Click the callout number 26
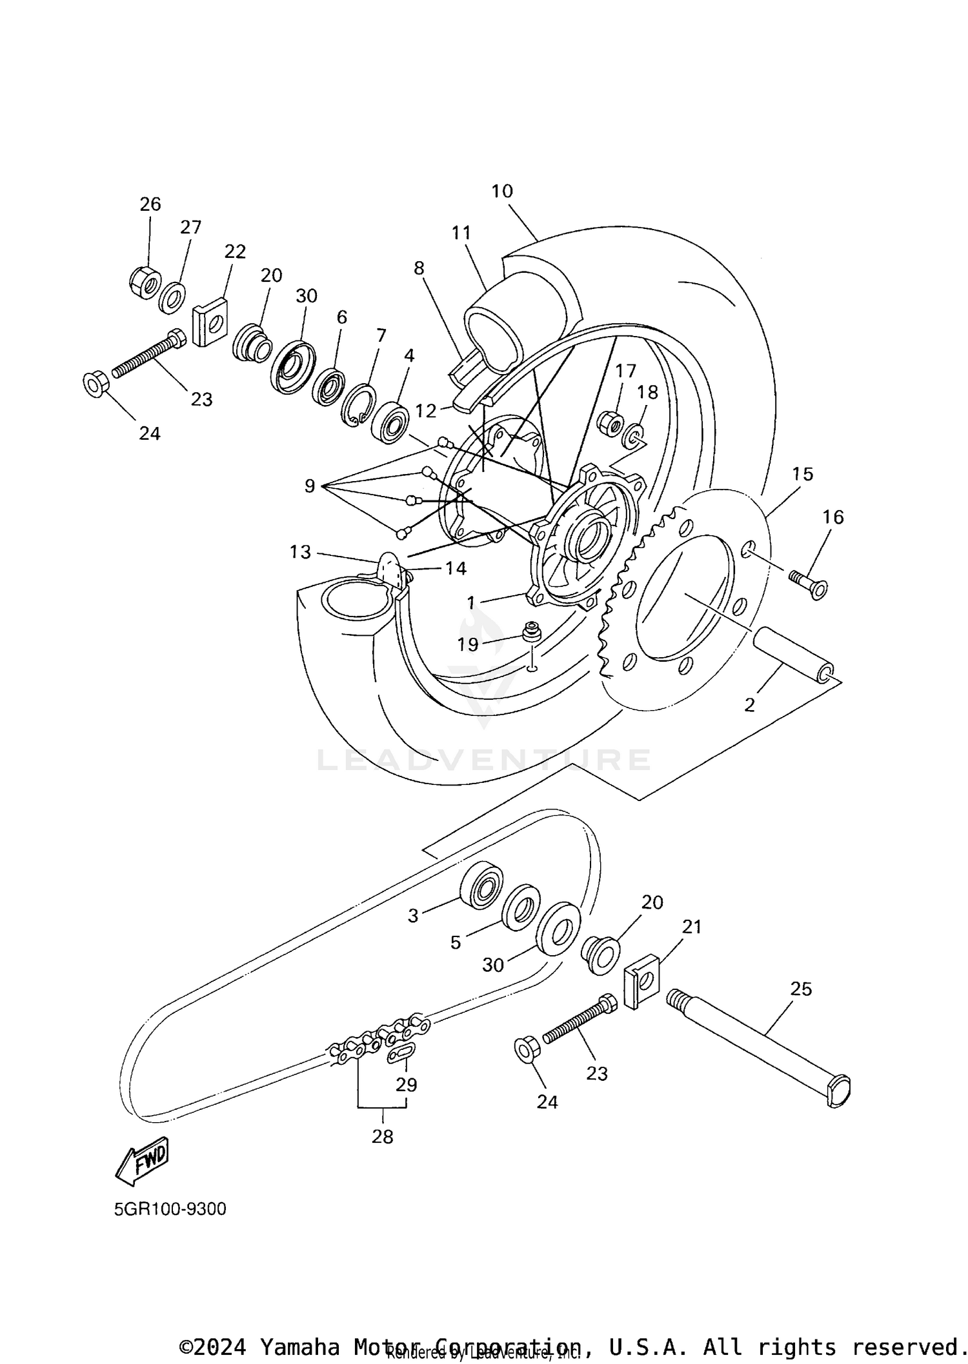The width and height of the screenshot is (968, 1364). point(150,204)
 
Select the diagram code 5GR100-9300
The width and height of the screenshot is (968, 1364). point(170,1209)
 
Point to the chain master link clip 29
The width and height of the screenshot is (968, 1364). point(400,1053)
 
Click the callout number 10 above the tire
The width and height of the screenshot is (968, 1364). point(501,192)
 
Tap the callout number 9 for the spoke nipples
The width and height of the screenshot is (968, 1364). point(310,486)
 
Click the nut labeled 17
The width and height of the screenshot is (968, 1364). point(610,423)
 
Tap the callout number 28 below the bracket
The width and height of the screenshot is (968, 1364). point(382,1136)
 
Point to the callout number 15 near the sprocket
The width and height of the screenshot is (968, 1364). point(802,474)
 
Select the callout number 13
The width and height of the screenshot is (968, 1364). point(300,552)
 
